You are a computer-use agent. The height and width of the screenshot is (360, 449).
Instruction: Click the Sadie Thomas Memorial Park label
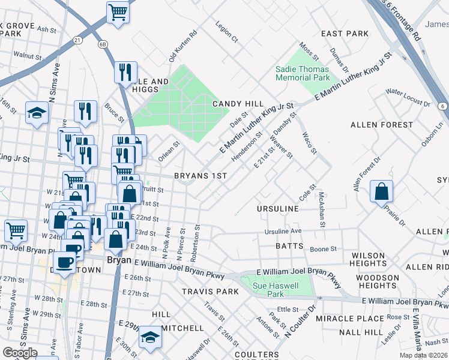(303, 73)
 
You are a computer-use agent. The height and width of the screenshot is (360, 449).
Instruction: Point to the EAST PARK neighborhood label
(345, 34)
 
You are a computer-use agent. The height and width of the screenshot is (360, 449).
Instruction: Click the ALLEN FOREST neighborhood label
(381, 124)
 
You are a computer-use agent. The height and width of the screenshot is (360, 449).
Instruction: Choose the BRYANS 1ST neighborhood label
(200, 176)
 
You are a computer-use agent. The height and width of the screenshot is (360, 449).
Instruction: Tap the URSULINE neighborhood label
(277, 208)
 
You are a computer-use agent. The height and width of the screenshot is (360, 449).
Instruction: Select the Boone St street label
(323, 249)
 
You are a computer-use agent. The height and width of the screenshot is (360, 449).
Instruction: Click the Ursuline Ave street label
(284, 232)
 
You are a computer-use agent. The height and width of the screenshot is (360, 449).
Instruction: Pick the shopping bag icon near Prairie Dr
(381, 191)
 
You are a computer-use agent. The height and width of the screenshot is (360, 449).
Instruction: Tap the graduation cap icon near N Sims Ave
(37, 112)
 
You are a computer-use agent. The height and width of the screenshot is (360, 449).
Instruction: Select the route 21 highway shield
(77, 40)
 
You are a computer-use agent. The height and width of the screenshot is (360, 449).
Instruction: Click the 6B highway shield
(103, 44)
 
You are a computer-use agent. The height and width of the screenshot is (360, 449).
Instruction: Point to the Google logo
(19, 353)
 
